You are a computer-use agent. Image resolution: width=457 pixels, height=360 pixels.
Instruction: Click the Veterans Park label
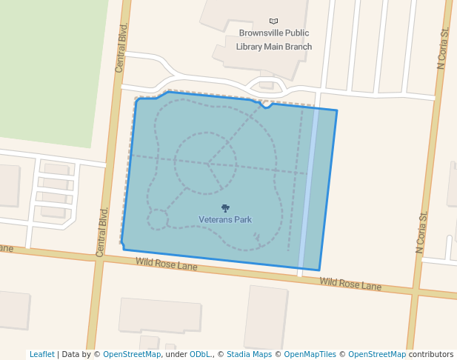pyautogui.click(x=225, y=220)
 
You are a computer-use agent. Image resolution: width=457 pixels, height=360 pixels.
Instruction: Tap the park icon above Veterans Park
pyautogui.click(x=225, y=208)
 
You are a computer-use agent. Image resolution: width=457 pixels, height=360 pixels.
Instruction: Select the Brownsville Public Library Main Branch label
pyautogui.click(x=274, y=40)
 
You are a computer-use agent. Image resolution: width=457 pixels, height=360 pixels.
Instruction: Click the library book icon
pyautogui.click(x=274, y=21)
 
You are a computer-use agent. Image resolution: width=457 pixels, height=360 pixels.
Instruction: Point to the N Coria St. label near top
pyautogui.click(x=444, y=50)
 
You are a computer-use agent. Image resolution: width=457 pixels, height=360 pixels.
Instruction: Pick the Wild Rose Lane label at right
pyautogui.click(x=350, y=284)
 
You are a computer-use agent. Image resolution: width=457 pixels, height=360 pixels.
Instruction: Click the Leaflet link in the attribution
pyautogui.click(x=41, y=355)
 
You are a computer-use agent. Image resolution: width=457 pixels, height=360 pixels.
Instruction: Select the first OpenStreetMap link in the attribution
pyautogui.click(x=131, y=355)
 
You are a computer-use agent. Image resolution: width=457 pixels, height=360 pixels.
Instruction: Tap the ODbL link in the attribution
pyautogui.click(x=200, y=355)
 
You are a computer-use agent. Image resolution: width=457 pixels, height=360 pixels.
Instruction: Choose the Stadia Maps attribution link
pyautogui.click(x=249, y=355)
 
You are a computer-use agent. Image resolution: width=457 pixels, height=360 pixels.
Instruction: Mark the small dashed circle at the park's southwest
pyautogui.click(x=158, y=219)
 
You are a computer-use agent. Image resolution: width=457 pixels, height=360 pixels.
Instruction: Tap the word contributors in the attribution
pyautogui.click(x=431, y=355)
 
